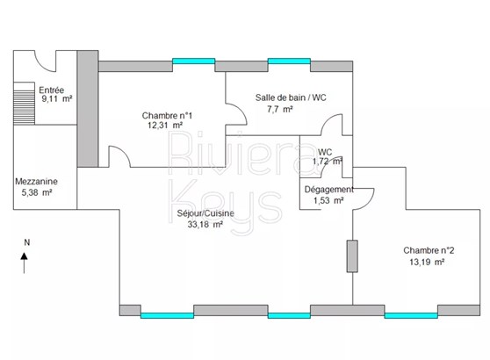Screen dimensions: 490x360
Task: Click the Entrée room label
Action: point(52,90)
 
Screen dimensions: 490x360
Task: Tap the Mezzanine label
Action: point(37,181)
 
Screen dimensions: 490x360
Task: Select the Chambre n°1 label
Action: point(167,116)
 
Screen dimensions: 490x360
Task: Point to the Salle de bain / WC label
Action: point(291,97)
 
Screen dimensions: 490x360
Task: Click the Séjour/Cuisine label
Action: point(205,213)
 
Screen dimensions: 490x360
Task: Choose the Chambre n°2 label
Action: point(429,250)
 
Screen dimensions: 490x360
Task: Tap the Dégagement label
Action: point(329,190)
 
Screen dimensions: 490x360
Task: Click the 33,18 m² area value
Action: point(205,225)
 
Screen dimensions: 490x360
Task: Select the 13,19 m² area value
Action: point(427,262)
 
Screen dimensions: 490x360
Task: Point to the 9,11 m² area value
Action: point(57,98)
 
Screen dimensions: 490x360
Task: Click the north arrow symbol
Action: point(24,263)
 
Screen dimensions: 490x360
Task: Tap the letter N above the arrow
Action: point(27,242)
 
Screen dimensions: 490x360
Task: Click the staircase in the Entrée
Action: point(24,104)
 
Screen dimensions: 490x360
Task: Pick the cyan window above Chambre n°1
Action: point(194,61)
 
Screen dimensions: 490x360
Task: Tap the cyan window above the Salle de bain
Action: point(289,61)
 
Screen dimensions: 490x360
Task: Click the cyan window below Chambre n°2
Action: point(411,315)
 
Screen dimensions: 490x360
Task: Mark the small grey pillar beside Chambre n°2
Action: point(352,256)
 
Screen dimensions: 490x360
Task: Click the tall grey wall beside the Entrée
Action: point(88,109)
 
